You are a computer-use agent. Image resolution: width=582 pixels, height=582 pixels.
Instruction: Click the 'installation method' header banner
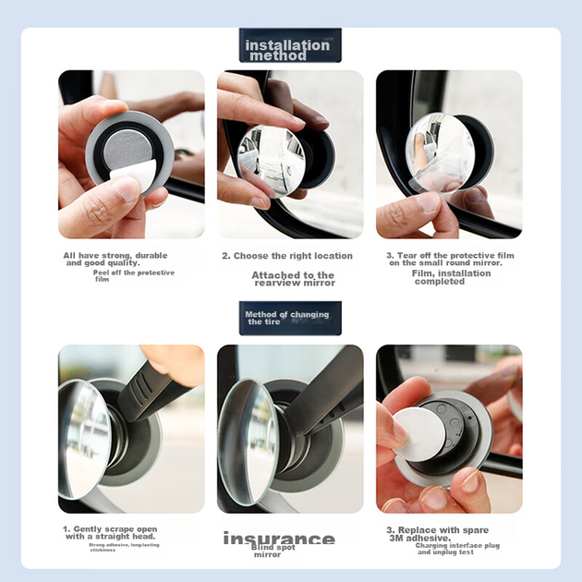[290, 45]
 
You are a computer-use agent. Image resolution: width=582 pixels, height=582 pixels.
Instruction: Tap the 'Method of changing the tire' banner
[290, 318]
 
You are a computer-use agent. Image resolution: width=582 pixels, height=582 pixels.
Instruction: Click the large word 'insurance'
[279, 539]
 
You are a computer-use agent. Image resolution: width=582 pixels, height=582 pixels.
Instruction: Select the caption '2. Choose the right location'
[287, 256]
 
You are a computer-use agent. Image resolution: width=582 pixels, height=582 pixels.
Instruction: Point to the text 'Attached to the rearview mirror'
[293, 279]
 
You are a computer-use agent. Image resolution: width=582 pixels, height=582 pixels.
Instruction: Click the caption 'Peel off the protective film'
[134, 276]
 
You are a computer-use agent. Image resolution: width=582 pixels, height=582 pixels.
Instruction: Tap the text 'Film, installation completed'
[451, 277]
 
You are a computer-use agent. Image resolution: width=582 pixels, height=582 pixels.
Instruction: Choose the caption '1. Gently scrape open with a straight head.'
[110, 533]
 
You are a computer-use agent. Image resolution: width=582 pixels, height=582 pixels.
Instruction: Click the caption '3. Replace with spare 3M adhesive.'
[437, 534]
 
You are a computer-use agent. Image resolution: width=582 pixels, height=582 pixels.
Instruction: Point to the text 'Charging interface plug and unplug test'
[457, 549]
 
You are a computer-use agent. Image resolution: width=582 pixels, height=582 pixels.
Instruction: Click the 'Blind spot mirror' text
[273, 551]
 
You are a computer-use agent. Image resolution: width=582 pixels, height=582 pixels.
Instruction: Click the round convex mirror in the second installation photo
[271, 161]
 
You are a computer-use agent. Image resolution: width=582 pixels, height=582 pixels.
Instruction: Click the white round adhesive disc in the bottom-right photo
[418, 434]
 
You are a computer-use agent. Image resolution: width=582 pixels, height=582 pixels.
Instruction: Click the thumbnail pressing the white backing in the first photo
[127, 188]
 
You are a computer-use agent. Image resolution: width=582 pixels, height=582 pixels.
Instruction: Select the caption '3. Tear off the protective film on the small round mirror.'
[450, 259]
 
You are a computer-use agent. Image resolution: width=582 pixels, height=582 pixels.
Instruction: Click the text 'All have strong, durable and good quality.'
[115, 259]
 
